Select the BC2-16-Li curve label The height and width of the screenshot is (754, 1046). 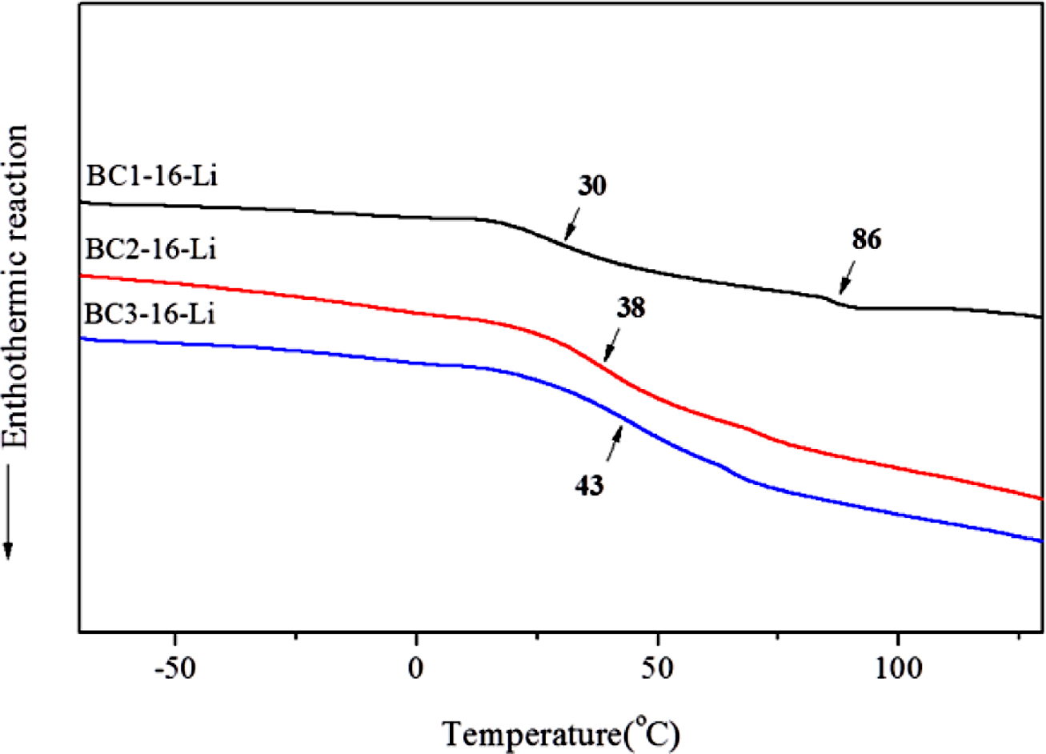coord(151,250)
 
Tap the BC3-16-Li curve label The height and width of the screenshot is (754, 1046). coord(151,314)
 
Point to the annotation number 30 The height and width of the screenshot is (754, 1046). coord(591,186)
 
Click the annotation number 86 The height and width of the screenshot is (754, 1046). coord(866,240)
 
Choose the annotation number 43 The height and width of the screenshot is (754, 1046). coord(590,485)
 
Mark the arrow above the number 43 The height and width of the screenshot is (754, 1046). coord(614,443)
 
